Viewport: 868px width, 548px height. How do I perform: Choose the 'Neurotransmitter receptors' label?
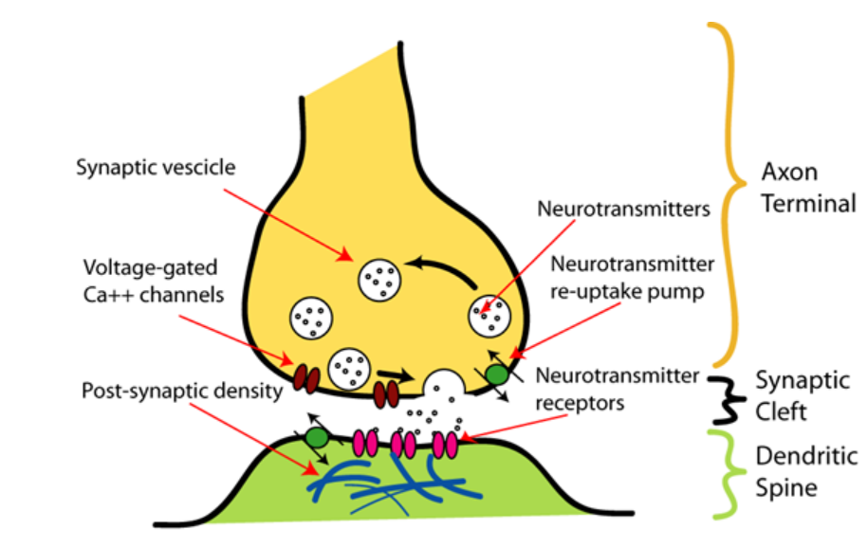click(618, 389)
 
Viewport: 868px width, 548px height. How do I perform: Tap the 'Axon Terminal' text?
click(808, 187)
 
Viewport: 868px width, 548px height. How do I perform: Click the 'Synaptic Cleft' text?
click(790, 396)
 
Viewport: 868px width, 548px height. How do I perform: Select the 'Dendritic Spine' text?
click(794, 472)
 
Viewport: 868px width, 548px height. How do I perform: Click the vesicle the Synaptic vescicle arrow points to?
click(379, 279)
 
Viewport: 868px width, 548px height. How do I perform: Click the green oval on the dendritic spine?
click(317, 438)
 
